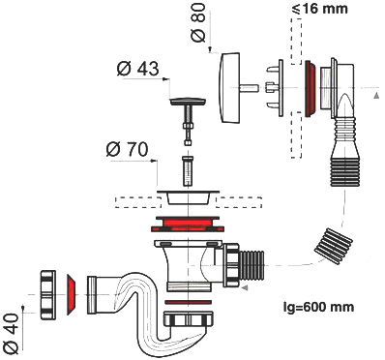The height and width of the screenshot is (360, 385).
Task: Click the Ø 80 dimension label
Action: tap(198, 23)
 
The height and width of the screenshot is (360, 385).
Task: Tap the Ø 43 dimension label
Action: tap(137, 69)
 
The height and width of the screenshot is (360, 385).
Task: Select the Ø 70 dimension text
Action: tap(127, 149)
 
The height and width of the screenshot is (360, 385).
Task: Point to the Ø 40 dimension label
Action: tap(11, 333)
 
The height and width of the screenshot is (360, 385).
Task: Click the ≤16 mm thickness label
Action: tap(319, 9)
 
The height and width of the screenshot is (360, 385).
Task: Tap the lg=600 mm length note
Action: tap(318, 307)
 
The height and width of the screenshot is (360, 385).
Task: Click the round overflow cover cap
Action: tap(229, 87)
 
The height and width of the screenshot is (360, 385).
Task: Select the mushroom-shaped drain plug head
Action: tap(188, 102)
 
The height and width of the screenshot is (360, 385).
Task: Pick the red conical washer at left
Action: tap(71, 295)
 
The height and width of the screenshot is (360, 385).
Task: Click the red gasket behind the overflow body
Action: tap(311, 88)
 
